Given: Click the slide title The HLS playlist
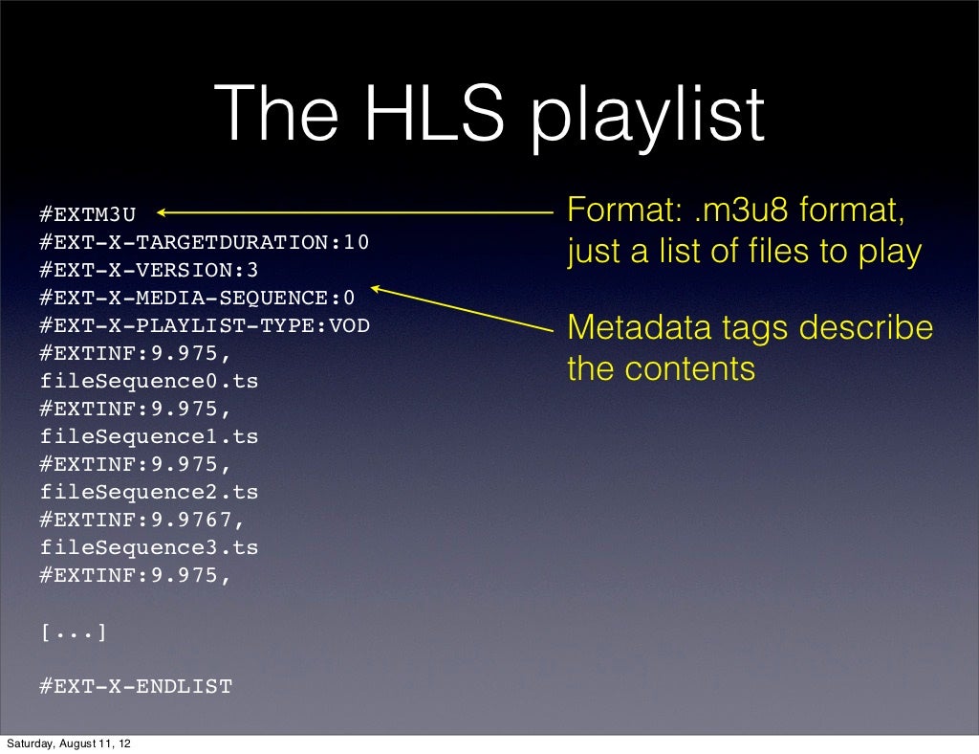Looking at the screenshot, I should [x=489, y=115].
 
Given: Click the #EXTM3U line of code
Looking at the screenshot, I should [x=88, y=214].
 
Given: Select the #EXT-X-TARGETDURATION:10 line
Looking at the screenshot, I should [x=204, y=242].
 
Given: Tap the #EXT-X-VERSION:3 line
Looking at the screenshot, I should [x=148, y=270].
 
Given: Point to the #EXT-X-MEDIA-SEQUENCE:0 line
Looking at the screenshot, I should [x=197, y=298].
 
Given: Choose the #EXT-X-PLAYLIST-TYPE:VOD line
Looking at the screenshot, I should [x=204, y=325].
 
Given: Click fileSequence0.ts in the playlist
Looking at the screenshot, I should [x=149, y=381].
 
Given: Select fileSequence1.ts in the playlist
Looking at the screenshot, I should [x=149, y=436].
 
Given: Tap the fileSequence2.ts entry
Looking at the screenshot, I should [x=149, y=492].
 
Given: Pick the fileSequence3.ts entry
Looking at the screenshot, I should [x=149, y=547].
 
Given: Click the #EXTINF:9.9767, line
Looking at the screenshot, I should [x=142, y=520].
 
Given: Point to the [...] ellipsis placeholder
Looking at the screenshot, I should [x=74, y=632].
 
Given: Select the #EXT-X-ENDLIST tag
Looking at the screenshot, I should [x=136, y=686].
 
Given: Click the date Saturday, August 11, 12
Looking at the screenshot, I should [x=70, y=743].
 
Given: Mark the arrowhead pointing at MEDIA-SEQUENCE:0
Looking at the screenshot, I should [x=376, y=287].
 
